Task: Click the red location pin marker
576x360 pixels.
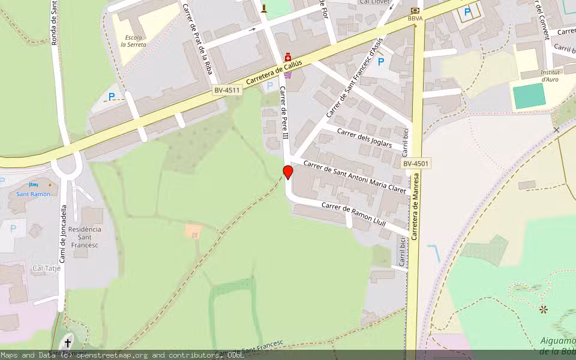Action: click(288, 173)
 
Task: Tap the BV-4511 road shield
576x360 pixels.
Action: click(227, 91)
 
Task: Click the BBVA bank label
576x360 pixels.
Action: click(415, 19)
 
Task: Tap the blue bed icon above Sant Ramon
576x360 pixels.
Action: click(33, 184)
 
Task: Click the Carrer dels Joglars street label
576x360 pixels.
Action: click(364, 137)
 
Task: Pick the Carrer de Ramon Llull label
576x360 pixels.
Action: click(353, 214)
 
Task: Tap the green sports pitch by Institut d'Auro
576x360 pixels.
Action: click(530, 96)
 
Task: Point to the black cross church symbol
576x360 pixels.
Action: click(68, 343)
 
